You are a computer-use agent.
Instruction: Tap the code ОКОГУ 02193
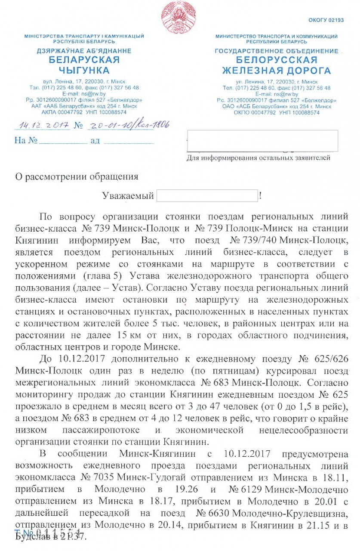click(326, 20)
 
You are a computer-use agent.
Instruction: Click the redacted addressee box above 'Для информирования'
click(262, 140)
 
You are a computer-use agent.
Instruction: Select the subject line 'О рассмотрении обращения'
click(77, 176)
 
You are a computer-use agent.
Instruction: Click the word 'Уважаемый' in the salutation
click(128, 196)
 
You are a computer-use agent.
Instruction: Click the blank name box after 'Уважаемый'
click(207, 196)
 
